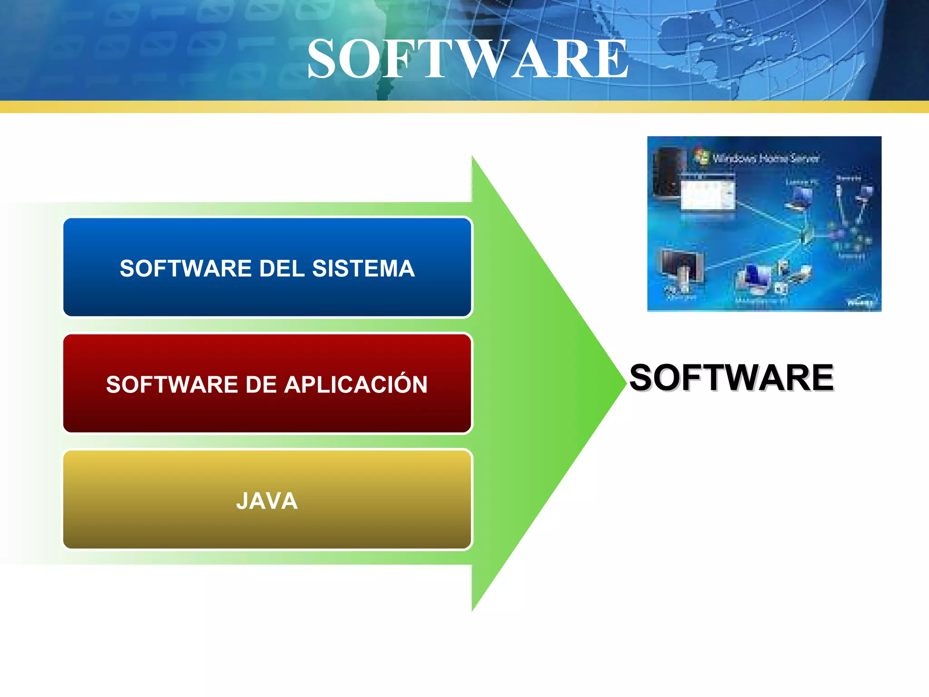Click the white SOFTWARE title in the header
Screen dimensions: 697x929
click(x=467, y=59)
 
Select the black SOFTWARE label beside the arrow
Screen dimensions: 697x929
click(x=731, y=378)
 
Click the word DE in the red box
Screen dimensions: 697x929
click(x=261, y=385)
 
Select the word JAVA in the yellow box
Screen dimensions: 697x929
click(x=267, y=501)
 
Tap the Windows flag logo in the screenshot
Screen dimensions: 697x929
click(x=701, y=157)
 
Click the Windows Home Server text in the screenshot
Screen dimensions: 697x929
click(x=766, y=158)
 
